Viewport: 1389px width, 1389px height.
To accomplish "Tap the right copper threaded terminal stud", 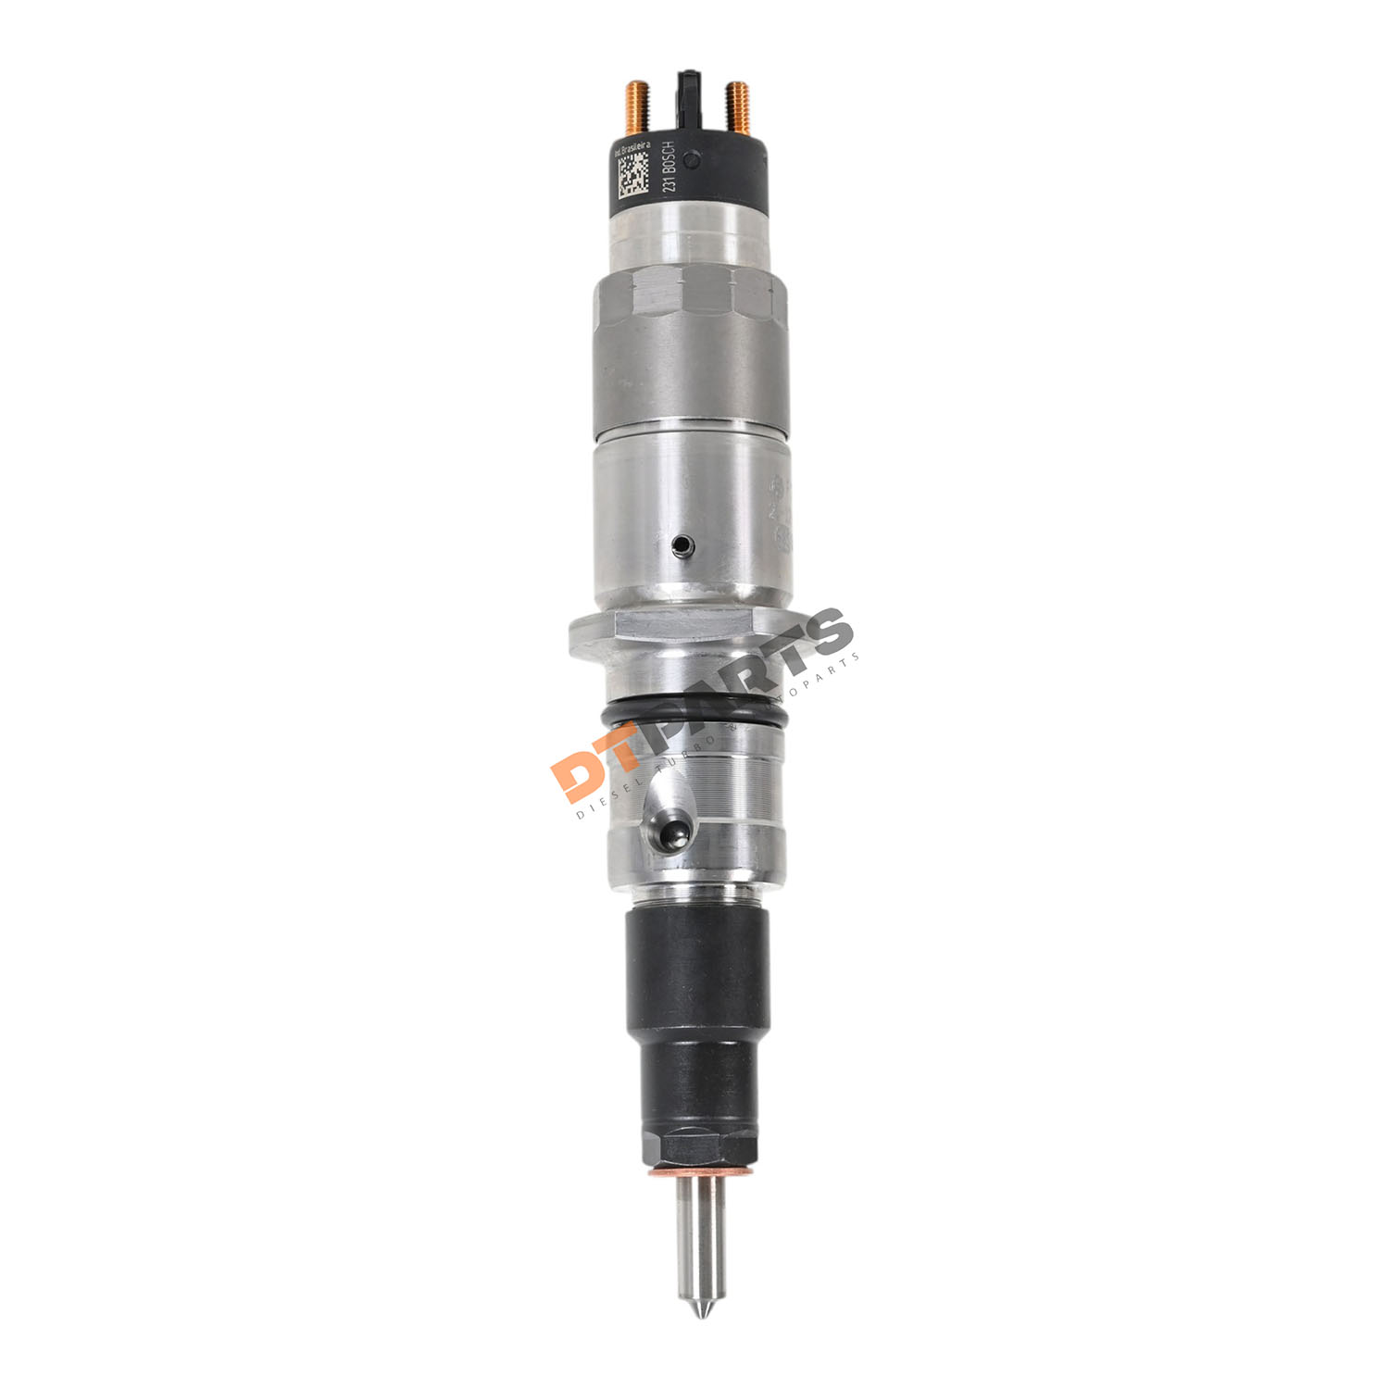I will tap(738, 106).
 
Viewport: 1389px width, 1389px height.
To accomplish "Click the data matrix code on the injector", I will tap(633, 177).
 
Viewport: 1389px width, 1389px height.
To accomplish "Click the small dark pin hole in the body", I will tap(682, 544).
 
